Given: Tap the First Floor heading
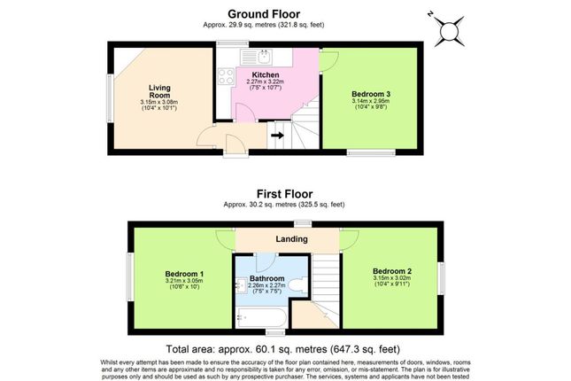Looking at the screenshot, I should (284, 193).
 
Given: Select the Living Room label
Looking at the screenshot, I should (159, 90).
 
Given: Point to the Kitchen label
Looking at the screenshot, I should (266, 74).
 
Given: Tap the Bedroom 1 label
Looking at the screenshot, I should (183, 274).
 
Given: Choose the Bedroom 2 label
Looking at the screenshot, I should (390, 270).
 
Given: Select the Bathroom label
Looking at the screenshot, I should (266, 278).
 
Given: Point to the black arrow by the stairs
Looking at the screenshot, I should (275, 136).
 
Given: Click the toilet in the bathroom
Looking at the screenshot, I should (299, 286).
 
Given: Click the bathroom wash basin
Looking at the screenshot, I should (240, 285).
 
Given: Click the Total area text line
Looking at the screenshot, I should (284, 348).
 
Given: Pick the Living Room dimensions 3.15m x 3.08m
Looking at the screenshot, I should (159, 104).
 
